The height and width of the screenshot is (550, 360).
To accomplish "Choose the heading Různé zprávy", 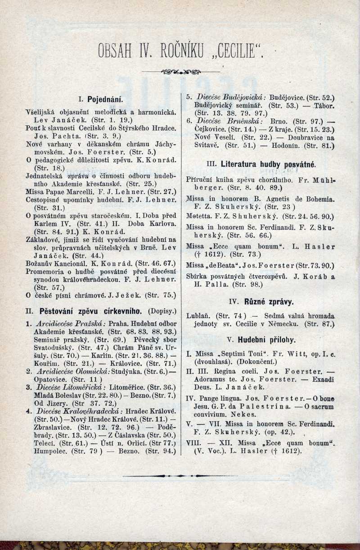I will click(269, 302).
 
